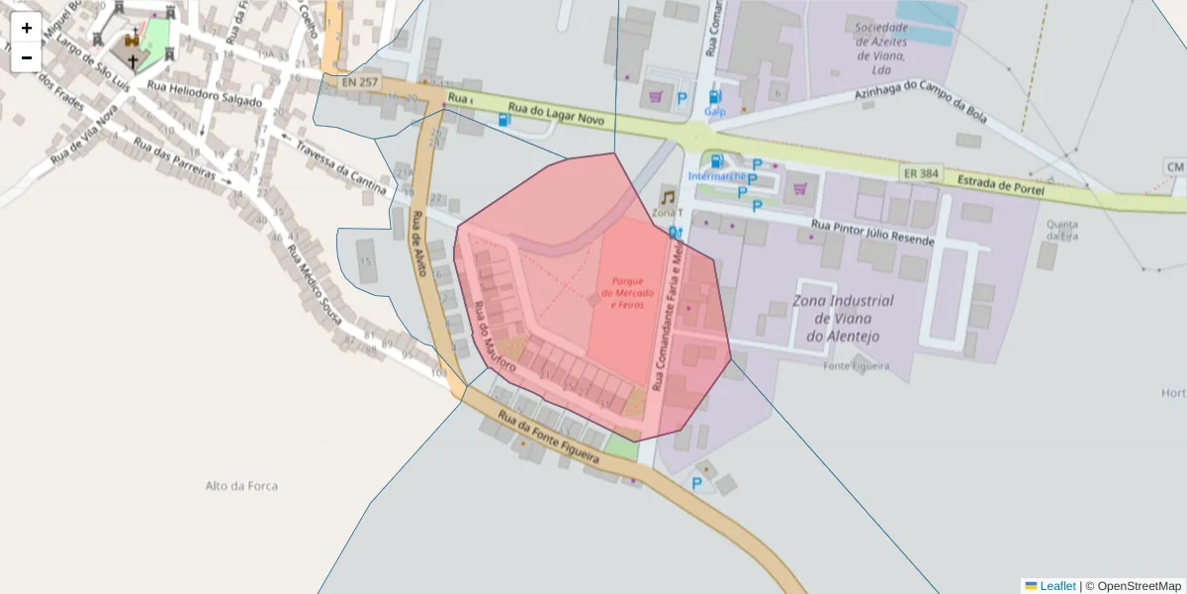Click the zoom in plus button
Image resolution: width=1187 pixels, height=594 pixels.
click(x=27, y=28)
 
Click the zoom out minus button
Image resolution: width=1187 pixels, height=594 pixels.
click(x=27, y=57)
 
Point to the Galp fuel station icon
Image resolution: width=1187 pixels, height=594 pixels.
click(x=715, y=97)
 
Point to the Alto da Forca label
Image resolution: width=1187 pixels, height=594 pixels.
click(x=241, y=486)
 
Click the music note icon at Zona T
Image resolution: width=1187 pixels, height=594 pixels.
click(x=669, y=197)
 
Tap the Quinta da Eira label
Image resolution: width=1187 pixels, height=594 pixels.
click(x=1061, y=230)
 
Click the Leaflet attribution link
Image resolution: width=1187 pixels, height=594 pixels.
click(x=1056, y=586)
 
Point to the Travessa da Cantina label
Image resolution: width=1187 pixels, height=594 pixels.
click(x=340, y=165)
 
